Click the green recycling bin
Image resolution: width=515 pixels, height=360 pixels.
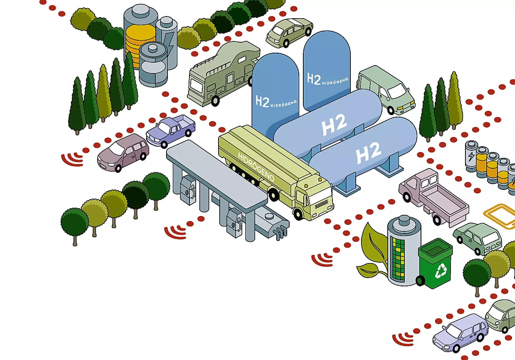(436, 264)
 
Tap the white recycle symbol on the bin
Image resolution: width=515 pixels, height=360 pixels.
(441, 271)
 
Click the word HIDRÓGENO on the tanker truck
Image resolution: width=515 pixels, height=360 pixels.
(256, 167)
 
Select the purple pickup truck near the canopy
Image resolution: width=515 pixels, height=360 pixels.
(171, 130)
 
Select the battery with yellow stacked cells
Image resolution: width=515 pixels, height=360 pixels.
(140, 39)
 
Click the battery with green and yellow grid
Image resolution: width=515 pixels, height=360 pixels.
(403, 252)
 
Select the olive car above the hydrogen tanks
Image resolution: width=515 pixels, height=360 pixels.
(289, 32)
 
